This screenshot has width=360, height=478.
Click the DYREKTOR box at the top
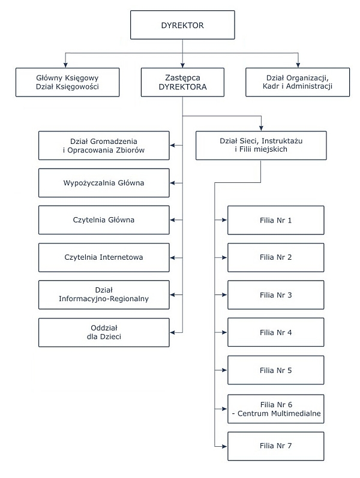[182, 25]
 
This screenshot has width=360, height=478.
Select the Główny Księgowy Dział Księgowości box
[67, 82]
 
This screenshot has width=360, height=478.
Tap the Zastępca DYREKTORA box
[182, 82]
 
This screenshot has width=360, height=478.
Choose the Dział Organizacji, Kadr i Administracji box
[298, 82]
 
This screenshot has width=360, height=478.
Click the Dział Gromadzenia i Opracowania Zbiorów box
[104, 145]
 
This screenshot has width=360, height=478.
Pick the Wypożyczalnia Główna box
[104, 183]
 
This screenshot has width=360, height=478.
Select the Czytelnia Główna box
[104, 220]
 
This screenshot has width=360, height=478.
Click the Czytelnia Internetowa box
[104, 257]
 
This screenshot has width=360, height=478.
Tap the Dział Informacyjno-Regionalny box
[104, 295]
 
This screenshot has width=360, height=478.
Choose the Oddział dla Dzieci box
[104, 332]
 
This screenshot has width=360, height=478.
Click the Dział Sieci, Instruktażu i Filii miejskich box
[261, 145]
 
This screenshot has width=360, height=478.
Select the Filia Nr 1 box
[276, 220]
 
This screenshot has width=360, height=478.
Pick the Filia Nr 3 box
[276, 295]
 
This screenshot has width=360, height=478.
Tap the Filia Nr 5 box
[276, 370]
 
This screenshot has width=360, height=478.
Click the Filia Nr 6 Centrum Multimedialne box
[276, 409]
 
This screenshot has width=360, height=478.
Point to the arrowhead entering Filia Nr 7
[224, 446]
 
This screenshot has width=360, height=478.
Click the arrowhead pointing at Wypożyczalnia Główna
[173, 183]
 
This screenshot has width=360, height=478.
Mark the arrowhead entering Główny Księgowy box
[65, 65]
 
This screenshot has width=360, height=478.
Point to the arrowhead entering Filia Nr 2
[224, 258]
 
